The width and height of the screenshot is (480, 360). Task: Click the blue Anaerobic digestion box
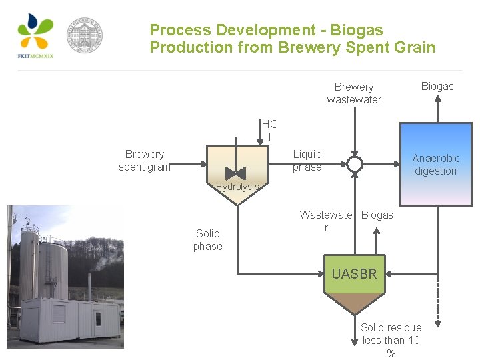(436, 164)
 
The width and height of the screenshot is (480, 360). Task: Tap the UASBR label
(354, 274)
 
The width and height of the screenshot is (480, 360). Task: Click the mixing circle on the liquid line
(355, 164)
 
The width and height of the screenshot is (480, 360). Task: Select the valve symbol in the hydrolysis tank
(235, 173)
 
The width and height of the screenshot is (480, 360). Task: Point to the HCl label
(269, 130)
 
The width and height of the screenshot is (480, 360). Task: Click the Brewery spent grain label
(145, 161)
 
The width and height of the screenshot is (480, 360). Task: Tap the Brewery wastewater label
(354, 93)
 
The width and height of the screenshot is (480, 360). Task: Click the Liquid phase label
(307, 161)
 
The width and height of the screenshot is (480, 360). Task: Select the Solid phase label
(208, 240)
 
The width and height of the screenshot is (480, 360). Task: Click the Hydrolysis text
(237, 187)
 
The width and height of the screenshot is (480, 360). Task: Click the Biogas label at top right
(437, 86)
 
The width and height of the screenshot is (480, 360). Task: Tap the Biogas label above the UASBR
(377, 215)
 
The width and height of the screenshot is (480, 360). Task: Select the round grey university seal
(85, 35)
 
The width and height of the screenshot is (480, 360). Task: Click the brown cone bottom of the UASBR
(354, 303)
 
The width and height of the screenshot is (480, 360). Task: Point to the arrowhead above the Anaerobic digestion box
(437, 99)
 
